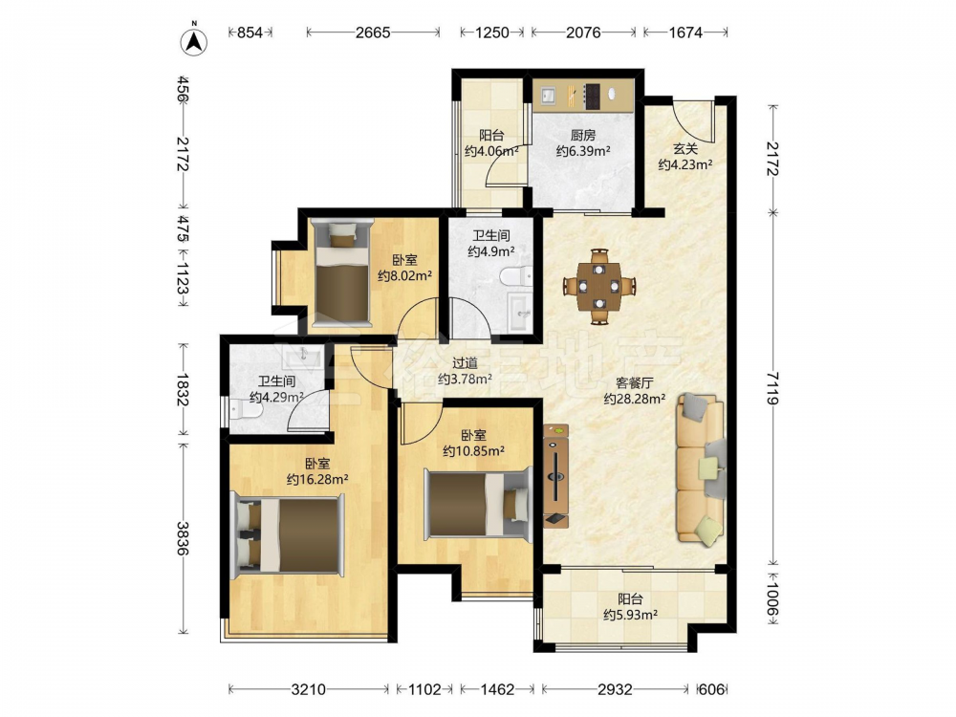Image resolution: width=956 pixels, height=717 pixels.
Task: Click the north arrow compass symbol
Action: point(194,41)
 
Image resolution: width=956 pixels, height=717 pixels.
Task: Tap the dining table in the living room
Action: point(599,285)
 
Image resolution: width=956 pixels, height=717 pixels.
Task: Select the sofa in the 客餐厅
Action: point(701,468)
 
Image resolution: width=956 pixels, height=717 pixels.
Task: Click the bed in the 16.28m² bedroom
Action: point(290,534)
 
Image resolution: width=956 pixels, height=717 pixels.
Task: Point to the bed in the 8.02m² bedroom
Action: point(341,272)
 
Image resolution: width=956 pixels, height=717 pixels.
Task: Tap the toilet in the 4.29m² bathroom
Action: point(247,411)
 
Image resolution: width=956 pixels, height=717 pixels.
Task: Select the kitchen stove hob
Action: point(592,96)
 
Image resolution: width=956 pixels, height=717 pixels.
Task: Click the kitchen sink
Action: point(548,95)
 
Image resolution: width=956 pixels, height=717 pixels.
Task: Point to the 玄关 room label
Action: point(685,148)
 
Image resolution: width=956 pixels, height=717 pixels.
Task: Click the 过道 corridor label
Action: point(465,363)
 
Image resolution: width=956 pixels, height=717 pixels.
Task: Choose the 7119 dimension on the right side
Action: point(773,388)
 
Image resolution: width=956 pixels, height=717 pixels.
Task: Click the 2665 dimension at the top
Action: point(373,33)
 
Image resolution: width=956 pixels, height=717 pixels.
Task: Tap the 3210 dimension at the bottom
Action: point(309,689)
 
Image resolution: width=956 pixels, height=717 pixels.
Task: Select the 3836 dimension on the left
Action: point(182,537)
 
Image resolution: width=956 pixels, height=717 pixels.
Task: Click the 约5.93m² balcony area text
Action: point(630,615)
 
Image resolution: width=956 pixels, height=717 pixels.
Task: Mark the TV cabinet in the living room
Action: point(556,476)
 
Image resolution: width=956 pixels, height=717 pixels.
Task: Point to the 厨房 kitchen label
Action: point(583,135)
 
